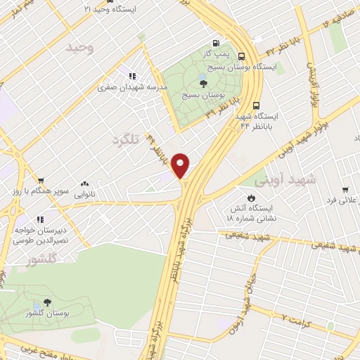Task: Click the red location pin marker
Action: (x=181, y=165)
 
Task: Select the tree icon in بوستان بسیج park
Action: (x=203, y=83)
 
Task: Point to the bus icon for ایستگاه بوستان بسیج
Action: (x=242, y=56)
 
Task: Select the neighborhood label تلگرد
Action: (x=126, y=141)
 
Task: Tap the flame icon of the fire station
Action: (x=252, y=197)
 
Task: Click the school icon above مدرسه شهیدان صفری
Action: (x=131, y=76)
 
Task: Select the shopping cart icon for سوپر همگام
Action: (x=41, y=181)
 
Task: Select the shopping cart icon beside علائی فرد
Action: (x=345, y=189)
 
